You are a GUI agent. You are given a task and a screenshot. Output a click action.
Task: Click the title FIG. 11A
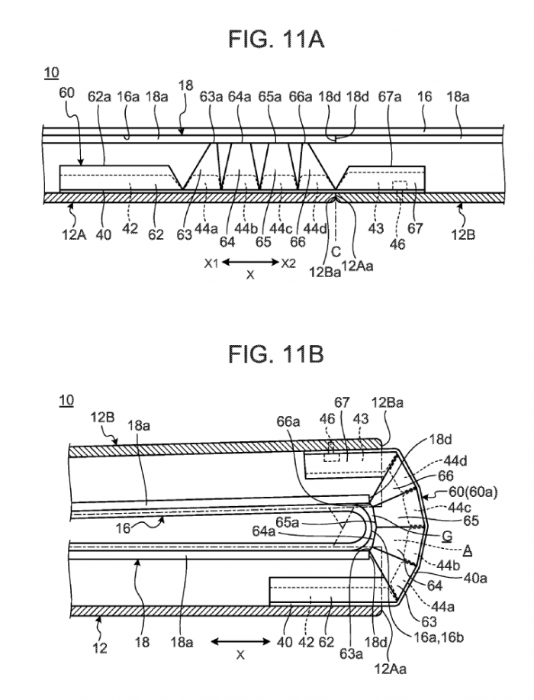[x=276, y=39]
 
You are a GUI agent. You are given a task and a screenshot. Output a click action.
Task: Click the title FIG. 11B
[x=276, y=354]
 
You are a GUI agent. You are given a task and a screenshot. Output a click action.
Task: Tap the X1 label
[x=211, y=264]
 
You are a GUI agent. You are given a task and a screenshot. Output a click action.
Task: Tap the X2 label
[x=288, y=263]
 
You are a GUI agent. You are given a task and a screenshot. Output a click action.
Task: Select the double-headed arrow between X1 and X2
[x=249, y=262]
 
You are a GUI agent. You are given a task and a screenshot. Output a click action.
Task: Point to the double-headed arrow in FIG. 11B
[x=240, y=641]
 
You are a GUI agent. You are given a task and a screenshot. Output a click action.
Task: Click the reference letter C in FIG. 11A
[x=336, y=253]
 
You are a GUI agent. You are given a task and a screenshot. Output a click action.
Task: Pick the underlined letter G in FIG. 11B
[x=447, y=536]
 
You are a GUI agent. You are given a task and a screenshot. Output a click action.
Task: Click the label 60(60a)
[x=474, y=492]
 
